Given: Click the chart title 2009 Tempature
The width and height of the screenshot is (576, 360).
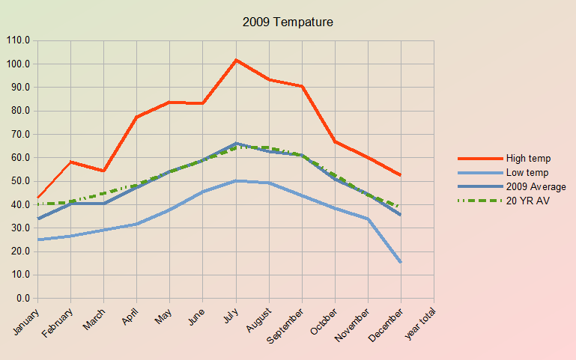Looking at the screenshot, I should pyautogui.click(x=288, y=22).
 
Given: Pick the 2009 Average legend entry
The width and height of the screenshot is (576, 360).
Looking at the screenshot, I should pyautogui.click(x=536, y=186).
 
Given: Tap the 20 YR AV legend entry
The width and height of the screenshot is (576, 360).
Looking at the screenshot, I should pyautogui.click(x=528, y=201).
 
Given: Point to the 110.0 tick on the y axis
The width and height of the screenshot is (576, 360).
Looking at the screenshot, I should pyautogui.click(x=18, y=40).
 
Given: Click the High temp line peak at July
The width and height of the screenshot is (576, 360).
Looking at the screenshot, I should pyautogui.click(x=236, y=60).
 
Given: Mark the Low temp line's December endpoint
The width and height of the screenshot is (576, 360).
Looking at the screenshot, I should pyautogui.click(x=401, y=262).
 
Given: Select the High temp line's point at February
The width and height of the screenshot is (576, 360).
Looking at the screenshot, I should pyautogui.click(x=70, y=162).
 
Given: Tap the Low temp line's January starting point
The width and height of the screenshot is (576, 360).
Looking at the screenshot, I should pyautogui.click(x=37, y=240).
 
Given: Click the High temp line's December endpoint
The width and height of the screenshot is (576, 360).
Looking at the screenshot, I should pyautogui.click(x=401, y=175).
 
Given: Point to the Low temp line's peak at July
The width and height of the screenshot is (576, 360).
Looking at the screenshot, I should pyautogui.click(x=236, y=180).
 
